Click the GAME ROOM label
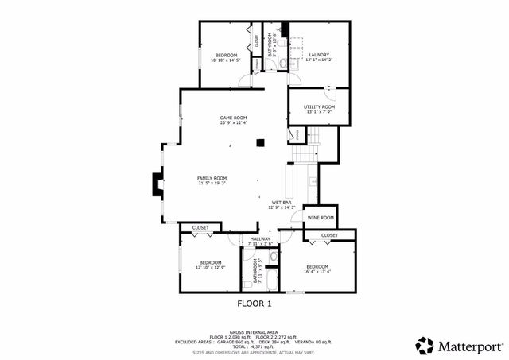234,118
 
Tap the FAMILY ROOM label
212,178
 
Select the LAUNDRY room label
319,55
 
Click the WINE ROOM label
321,217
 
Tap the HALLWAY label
260,238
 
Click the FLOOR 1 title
254,304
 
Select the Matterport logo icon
423,345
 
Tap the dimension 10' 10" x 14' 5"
226,60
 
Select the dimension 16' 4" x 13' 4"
317,271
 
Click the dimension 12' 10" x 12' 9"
211,268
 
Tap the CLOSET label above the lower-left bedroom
200,228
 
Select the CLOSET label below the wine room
329,235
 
